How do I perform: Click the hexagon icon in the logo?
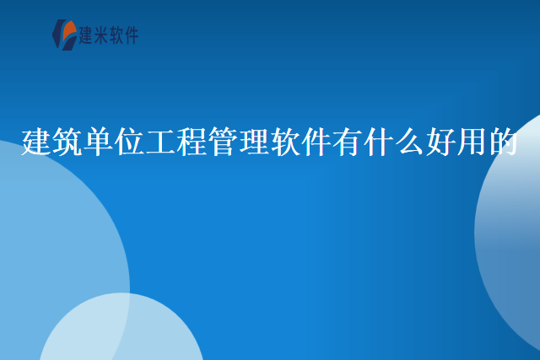tap(64, 35)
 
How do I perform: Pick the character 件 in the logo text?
tap(131, 35)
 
